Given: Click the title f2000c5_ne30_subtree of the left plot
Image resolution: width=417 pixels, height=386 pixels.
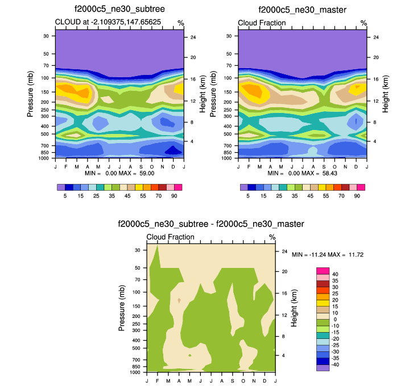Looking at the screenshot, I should click(119, 10).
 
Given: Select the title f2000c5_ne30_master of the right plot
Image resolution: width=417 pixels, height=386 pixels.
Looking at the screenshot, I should click(302, 10).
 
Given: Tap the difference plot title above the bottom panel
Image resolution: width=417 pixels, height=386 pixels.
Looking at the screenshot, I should click(210, 224).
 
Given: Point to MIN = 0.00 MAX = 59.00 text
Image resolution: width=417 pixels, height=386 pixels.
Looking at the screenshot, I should click(119, 172).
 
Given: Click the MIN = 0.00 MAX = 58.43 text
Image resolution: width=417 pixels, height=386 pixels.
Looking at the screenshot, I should click(302, 172).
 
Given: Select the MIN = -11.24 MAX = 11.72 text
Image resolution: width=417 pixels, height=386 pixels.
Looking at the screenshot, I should click(327, 255).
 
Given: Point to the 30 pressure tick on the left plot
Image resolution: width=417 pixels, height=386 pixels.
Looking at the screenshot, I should click(46, 36).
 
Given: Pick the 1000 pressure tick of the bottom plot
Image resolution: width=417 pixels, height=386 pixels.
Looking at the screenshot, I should click(135, 373).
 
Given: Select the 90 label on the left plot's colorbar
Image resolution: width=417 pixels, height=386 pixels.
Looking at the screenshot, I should click(174, 195).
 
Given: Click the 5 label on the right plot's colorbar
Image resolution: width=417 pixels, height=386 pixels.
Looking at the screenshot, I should click(248, 195).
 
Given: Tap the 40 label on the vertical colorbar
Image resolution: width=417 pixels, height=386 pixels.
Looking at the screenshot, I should click(336, 274).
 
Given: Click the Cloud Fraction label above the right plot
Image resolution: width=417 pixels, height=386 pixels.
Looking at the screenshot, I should click(262, 23).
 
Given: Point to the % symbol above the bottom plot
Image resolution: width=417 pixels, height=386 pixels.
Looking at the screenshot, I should click(272, 237).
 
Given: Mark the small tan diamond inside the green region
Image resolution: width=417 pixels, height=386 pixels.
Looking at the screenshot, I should click(179, 300).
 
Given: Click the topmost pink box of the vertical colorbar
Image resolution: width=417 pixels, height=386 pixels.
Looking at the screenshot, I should click(323, 271).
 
